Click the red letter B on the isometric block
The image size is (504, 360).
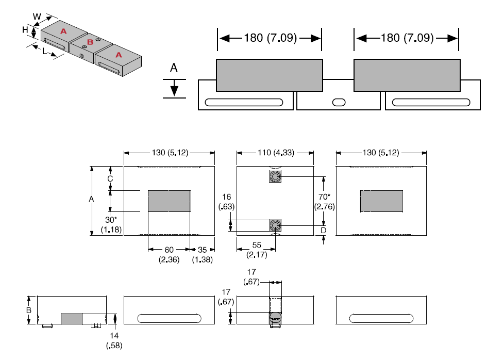90,42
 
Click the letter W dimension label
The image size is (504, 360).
37,17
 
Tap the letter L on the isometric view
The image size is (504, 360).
45,52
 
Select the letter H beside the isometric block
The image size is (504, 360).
25,30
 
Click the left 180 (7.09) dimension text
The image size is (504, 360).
270,38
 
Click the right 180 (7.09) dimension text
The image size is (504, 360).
407,38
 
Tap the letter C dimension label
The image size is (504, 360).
110,178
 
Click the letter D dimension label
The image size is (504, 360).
324,230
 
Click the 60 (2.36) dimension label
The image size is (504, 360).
169,255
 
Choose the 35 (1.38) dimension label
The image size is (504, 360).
202,255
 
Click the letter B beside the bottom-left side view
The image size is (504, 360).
29,310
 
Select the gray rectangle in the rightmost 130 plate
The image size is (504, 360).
381,201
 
